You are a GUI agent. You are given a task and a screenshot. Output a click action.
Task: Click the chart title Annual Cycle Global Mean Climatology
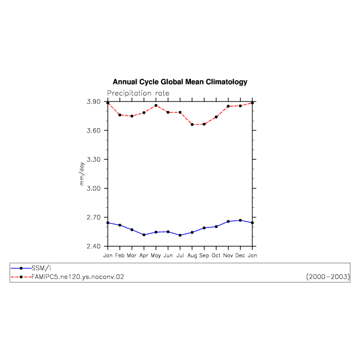pyautogui.click(x=180, y=82)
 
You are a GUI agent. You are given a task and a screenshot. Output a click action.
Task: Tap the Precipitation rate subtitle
pyautogui.click(x=138, y=93)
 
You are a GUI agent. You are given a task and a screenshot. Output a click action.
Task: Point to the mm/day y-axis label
pyautogui.click(x=82, y=174)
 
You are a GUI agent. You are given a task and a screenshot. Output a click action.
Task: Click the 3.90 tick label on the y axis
pyautogui.click(x=93, y=101)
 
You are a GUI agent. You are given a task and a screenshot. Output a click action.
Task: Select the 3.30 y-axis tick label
pyautogui.click(x=93, y=159)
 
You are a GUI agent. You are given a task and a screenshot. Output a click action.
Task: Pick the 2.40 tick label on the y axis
pyautogui.click(x=93, y=246)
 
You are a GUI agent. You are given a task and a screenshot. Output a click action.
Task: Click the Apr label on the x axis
pyautogui.click(x=144, y=256)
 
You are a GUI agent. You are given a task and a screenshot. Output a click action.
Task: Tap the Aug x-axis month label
pyautogui.click(x=192, y=256)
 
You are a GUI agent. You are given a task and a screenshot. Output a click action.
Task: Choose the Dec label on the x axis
pyautogui.click(x=240, y=255)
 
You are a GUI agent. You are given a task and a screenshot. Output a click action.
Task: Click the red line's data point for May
pyautogui.click(x=156, y=105)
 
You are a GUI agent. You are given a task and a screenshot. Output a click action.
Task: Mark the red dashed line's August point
pyautogui.click(x=192, y=124)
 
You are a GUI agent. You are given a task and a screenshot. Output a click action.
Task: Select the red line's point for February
pyautogui.click(x=120, y=115)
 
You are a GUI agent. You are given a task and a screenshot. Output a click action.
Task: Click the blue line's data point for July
pyautogui.click(x=180, y=236)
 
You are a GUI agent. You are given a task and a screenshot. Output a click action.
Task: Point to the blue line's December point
pyautogui.click(x=240, y=221)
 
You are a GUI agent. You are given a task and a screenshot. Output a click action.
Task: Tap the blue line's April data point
pyautogui.click(x=144, y=235)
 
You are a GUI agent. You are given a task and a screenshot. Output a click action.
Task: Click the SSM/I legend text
pyautogui.click(x=41, y=268)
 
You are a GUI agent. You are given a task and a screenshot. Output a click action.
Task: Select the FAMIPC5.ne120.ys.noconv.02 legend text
pyautogui.click(x=78, y=277)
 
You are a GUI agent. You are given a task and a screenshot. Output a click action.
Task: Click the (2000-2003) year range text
pyautogui.click(x=328, y=277)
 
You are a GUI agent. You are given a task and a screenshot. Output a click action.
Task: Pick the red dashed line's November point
pyautogui.click(x=228, y=106)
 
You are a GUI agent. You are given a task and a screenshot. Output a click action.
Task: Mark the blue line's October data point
pyautogui.click(x=216, y=227)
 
